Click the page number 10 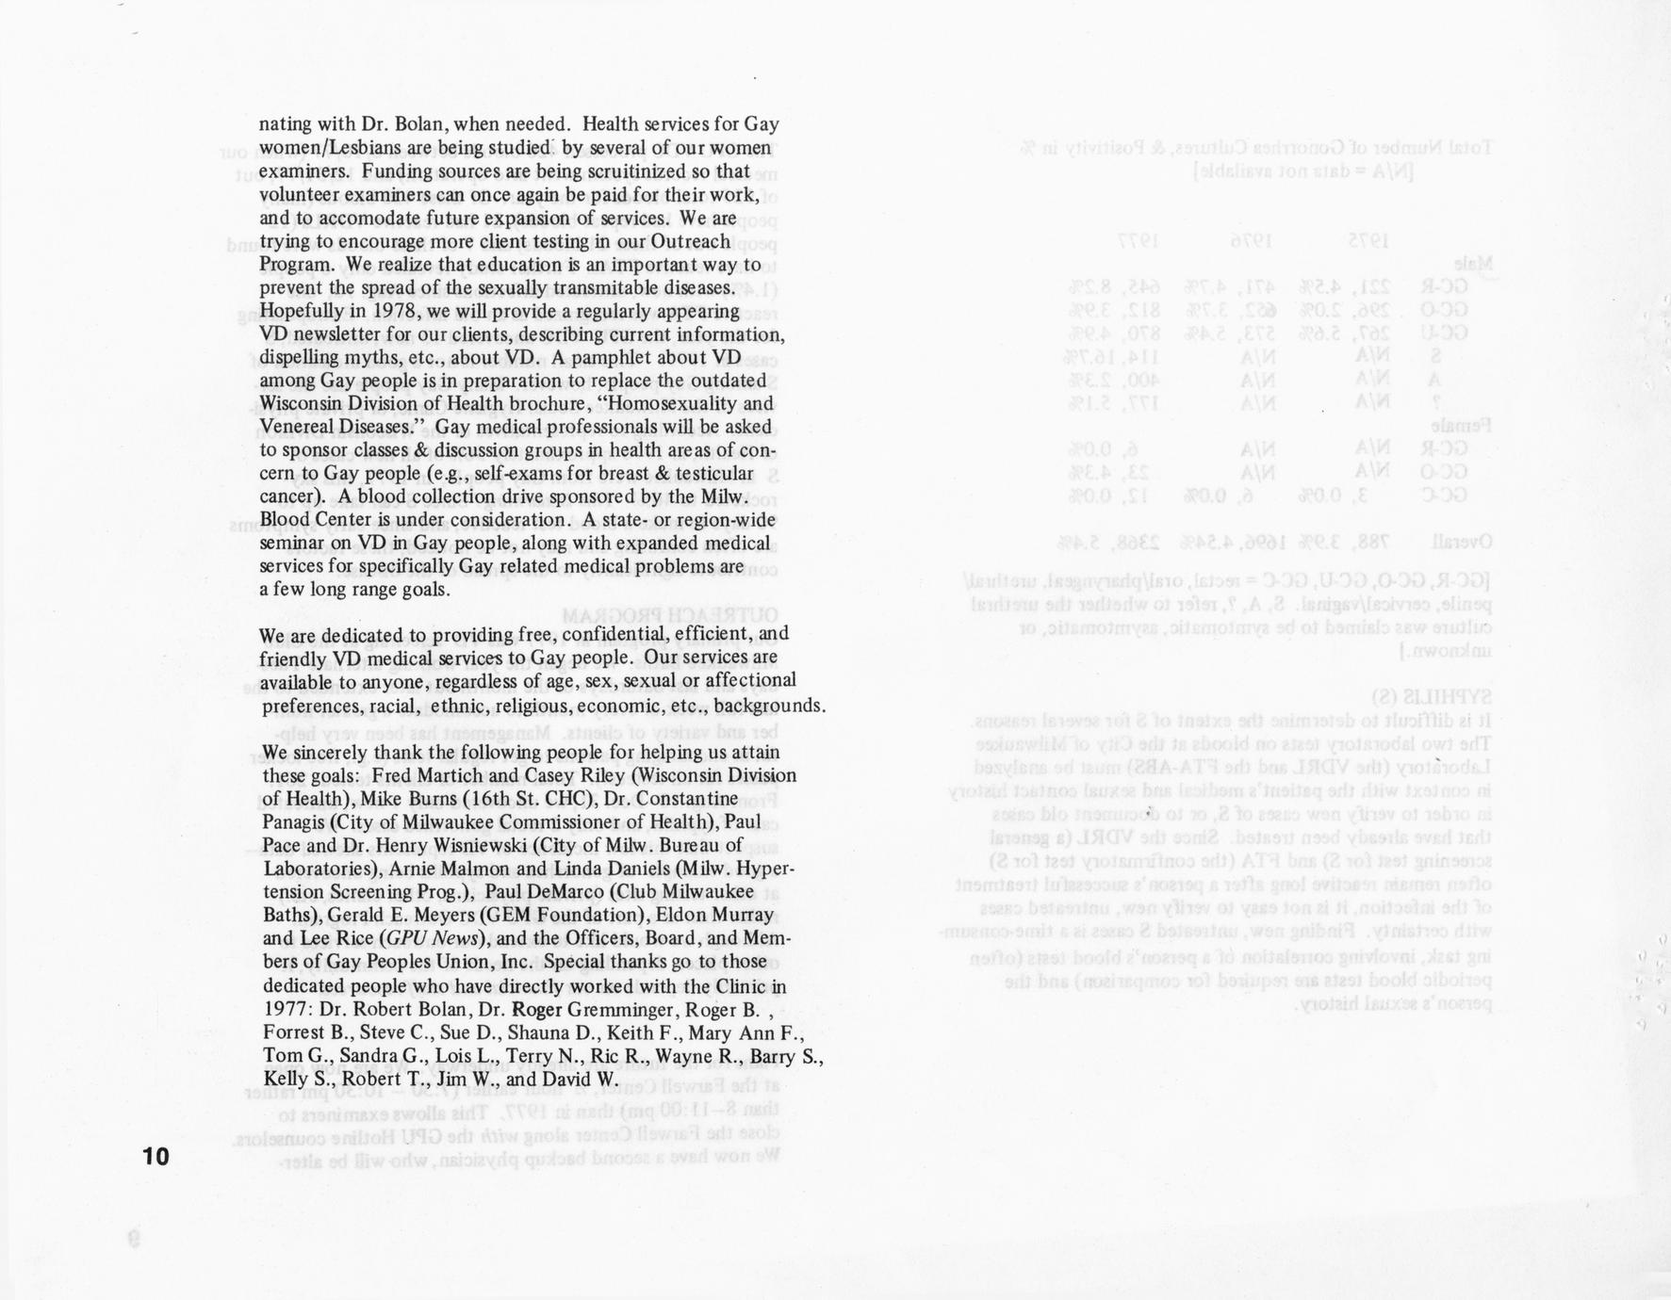tap(156, 1156)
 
